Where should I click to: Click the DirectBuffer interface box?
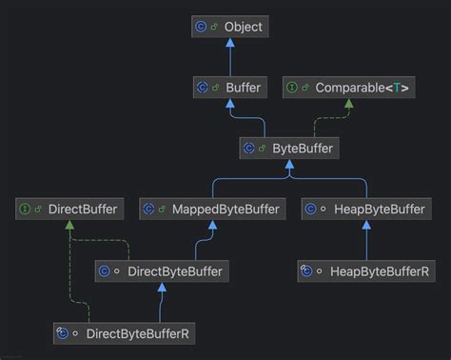[69, 209]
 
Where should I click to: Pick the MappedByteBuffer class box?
[210, 209]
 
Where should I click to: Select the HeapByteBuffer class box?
[365, 209]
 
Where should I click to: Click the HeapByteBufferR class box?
[365, 271]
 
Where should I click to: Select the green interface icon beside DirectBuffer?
[26, 209]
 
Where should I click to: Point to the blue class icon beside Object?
[200, 27]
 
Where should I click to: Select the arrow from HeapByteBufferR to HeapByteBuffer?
[365, 243]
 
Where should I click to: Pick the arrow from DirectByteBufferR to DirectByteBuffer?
[161, 303]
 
